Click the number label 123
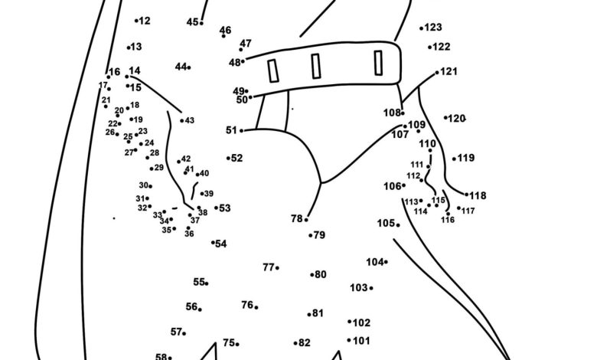tap(434, 28)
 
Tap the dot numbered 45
tap(202, 23)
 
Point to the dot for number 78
tap(307, 220)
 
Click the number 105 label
tap(385, 223)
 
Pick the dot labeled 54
tap(213, 242)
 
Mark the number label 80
tap(321, 274)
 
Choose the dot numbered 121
tap(438, 74)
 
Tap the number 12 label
tap(145, 21)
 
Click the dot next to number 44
tap(189, 67)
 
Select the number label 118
tap(478, 195)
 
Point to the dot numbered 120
tap(445, 118)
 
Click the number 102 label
tap(361, 322)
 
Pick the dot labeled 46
tap(224, 37)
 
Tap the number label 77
tap(268, 267)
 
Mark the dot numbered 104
tap(386, 263)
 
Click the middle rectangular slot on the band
tap(315, 66)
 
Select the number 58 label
tap(161, 357)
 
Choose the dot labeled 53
tap(217, 208)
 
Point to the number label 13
tap(136, 47)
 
